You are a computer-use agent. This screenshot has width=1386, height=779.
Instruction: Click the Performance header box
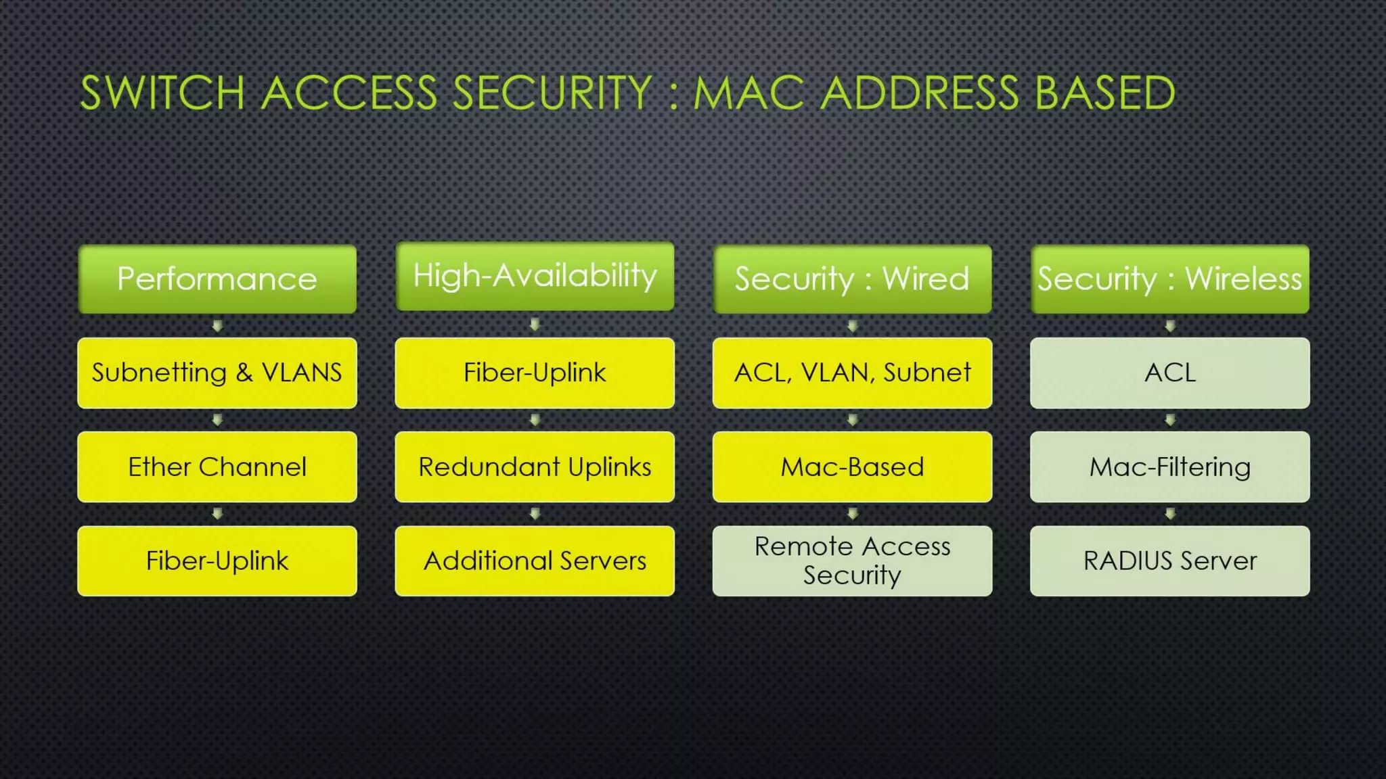[x=217, y=279]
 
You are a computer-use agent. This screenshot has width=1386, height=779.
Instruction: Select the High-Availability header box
[x=535, y=276]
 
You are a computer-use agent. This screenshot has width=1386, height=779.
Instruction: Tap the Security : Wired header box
[x=852, y=279]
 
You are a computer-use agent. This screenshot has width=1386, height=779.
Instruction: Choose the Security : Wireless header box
[x=1169, y=279]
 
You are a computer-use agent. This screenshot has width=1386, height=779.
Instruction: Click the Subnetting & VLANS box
[x=217, y=373]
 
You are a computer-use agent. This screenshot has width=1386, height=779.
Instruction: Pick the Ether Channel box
[x=217, y=467]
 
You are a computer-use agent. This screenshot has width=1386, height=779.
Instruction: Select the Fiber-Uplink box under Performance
[x=217, y=561]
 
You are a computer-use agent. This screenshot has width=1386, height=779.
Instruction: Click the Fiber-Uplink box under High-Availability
[x=535, y=373]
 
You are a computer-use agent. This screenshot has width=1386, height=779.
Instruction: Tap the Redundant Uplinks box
[x=535, y=467]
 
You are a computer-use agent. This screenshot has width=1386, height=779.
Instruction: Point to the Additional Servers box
[x=535, y=561]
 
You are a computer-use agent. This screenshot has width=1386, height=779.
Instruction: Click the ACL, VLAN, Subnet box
[x=852, y=373]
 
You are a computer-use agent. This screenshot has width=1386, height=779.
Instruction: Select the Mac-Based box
[x=852, y=467]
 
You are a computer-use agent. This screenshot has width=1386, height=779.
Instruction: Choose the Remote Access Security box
[x=852, y=561]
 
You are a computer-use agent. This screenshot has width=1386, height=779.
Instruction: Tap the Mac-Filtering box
[x=1169, y=467]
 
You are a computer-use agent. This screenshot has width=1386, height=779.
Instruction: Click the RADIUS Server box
[x=1169, y=561]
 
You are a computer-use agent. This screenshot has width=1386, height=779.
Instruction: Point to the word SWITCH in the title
[x=162, y=93]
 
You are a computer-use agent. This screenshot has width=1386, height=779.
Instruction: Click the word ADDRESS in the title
[x=920, y=93]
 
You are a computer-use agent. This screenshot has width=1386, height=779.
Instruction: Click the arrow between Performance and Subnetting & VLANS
[x=217, y=326]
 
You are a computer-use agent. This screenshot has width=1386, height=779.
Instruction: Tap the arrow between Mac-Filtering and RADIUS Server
[x=1169, y=514]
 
